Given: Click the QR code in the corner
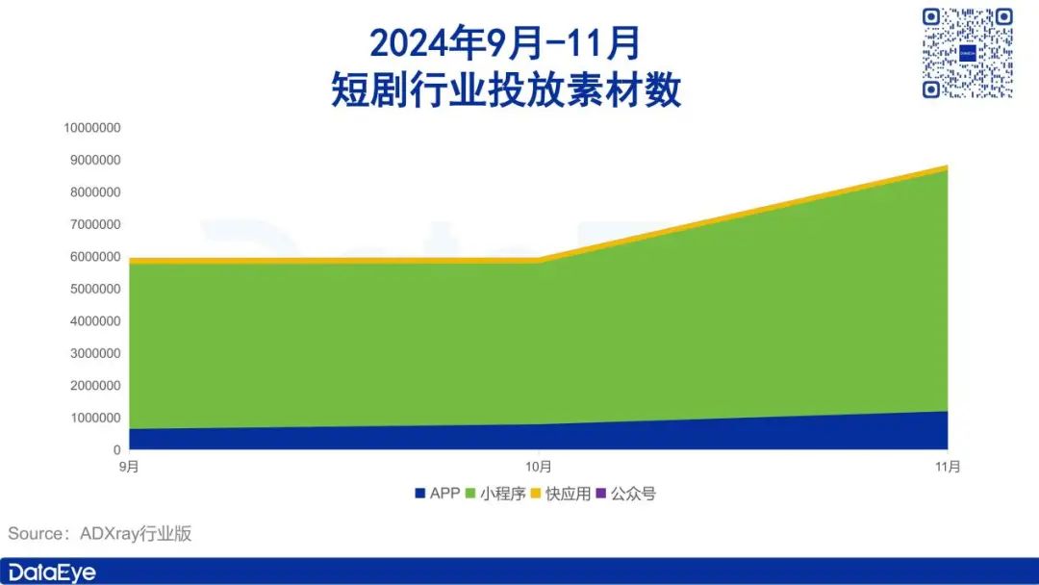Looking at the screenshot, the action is coord(968,53).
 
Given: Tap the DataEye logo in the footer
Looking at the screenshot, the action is coord(52,572).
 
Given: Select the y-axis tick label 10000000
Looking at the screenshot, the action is coord(92,128).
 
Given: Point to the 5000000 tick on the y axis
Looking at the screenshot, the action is coord(95,289).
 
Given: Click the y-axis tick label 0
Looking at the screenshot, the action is coord(116,450).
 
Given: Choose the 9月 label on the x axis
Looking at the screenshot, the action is coord(129,467).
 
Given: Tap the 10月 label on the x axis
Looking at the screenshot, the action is coord(538,467).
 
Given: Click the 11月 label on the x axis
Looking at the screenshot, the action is coord(948,467).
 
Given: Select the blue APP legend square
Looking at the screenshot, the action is coord(419,494).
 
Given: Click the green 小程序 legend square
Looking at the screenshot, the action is coord(470,494).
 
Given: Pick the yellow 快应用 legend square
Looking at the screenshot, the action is coord(536,494).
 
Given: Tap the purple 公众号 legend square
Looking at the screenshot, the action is coord(601,494).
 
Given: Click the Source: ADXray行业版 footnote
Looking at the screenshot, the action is coord(99,533).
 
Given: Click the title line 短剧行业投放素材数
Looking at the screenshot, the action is coord(506,89).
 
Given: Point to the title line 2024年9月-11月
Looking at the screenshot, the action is coord(505,43).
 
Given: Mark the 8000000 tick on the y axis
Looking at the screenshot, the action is coord(95,192).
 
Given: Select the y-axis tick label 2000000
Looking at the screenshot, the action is coord(95,386).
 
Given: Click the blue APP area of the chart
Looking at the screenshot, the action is coord(538,437).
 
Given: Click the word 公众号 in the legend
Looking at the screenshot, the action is coord(633,494).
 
